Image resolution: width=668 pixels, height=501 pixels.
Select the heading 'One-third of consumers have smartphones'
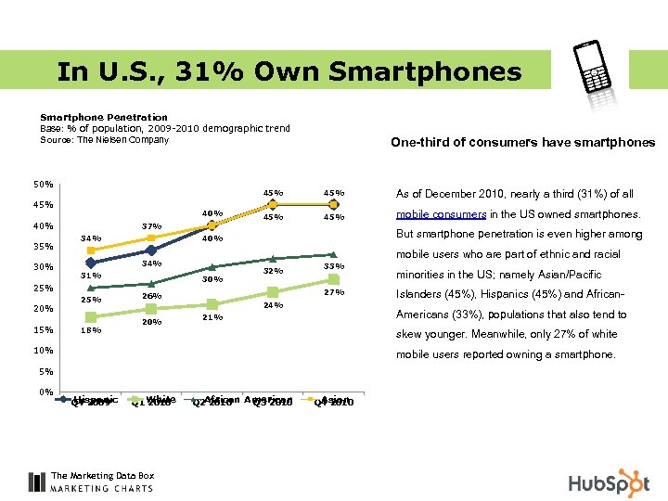coord(522,142)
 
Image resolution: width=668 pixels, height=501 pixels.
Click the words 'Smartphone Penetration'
coord(104,118)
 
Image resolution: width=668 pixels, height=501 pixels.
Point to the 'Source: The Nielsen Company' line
coord(104,140)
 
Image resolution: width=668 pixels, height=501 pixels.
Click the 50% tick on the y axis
coord(43,184)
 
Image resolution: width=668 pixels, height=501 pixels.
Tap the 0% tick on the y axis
coord(45,392)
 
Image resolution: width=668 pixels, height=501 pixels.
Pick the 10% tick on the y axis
coord(43,351)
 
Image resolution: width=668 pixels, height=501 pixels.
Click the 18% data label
coord(91,330)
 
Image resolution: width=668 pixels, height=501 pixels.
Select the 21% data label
coord(212,317)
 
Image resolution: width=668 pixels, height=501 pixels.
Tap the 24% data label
coord(273,305)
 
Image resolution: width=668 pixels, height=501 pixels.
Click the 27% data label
coord(334,293)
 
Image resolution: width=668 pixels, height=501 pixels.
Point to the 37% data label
coord(151,225)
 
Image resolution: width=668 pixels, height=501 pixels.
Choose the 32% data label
coord(273,272)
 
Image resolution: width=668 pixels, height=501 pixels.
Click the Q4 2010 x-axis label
coord(334,402)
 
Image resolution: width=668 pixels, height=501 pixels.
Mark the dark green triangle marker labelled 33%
coord(334,253)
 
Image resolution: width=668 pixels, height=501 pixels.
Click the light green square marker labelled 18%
coord(91,317)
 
